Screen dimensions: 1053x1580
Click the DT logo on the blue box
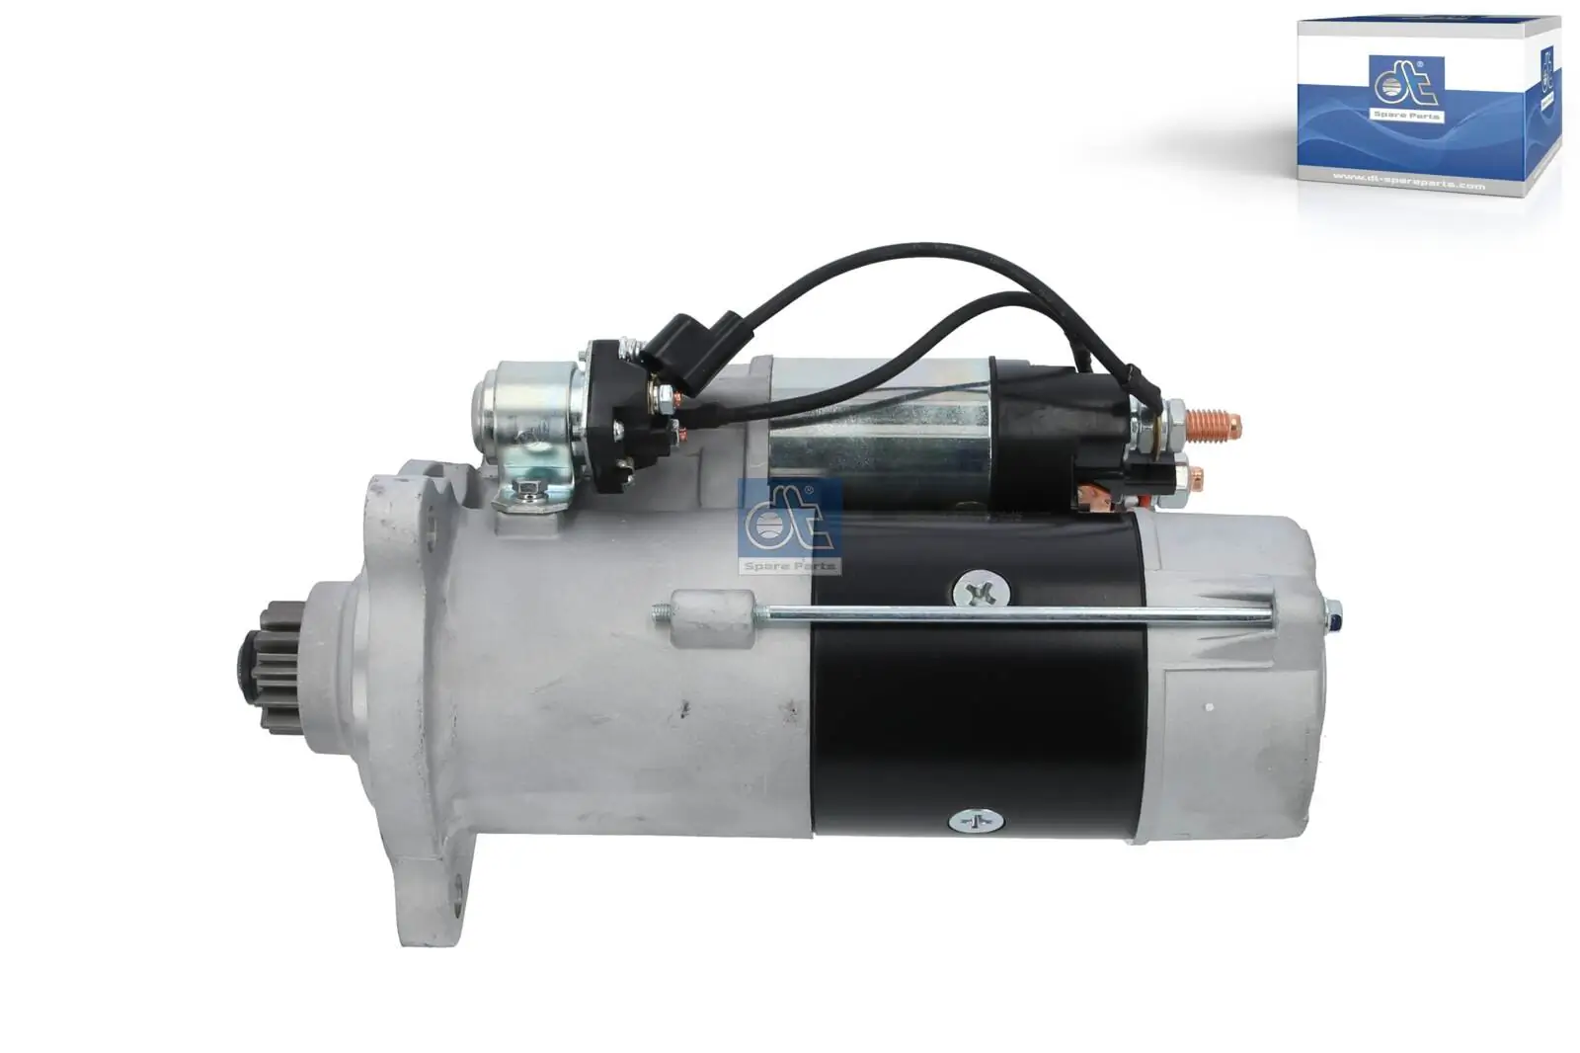pyautogui.click(x=1406, y=84)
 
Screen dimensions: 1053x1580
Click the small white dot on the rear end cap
pyautogui.click(x=1208, y=707)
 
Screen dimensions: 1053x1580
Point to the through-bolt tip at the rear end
pyautogui.click(x=1334, y=615)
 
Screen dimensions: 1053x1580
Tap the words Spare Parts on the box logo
pyautogui.click(x=1406, y=117)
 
